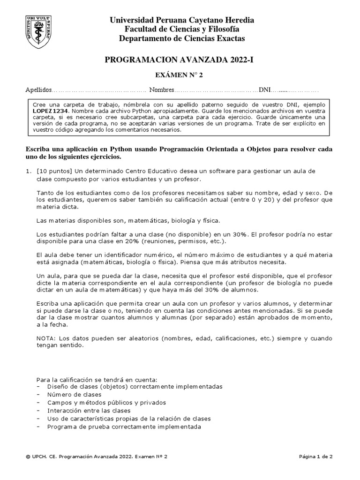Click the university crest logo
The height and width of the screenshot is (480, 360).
click(43, 31)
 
